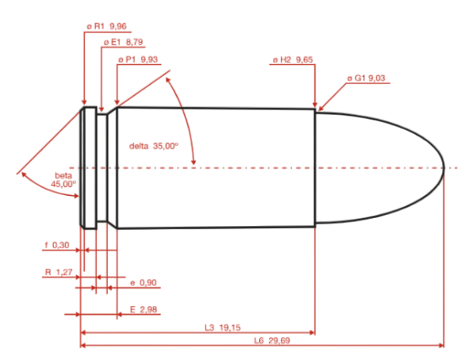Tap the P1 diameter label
point(138,59)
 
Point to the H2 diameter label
point(293,59)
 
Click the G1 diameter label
point(366,78)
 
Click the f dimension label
point(56,244)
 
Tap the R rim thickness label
point(59,272)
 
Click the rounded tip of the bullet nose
point(444,167)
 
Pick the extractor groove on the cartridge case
point(101,167)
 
